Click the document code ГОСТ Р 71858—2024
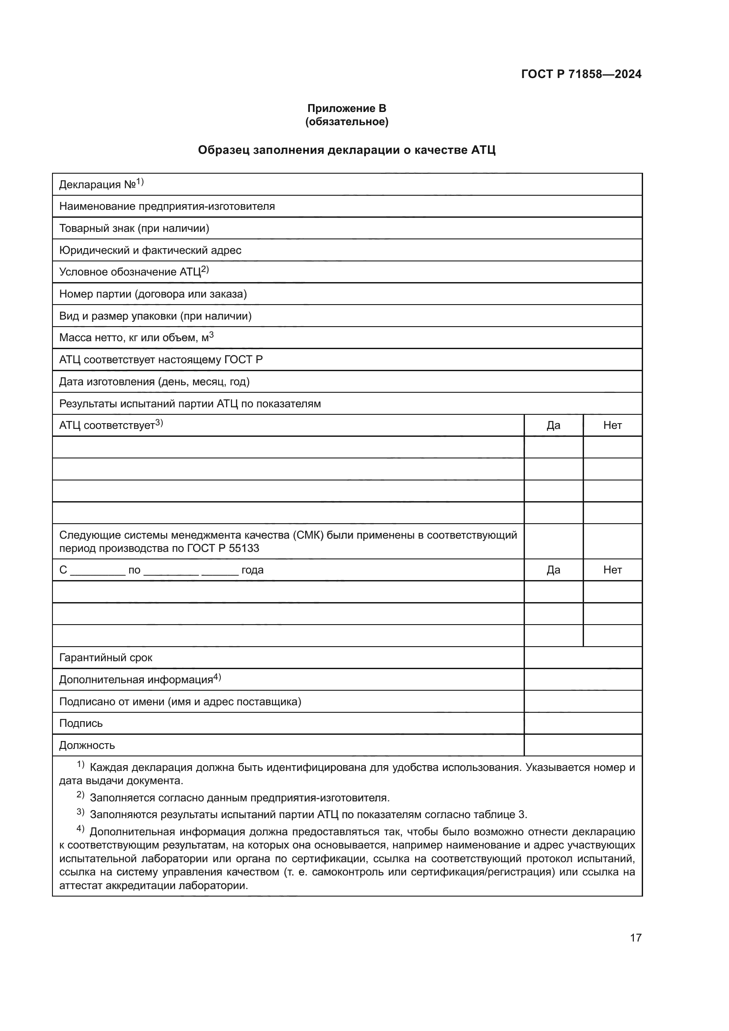[x=581, y=74]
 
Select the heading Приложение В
[x=346, y=108]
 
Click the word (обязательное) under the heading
[x=346, y=122]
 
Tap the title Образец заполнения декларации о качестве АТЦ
[x=346, y=150]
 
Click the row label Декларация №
[x=97, y=185]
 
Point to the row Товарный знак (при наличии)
[x=134, y=229]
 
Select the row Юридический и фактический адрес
[x=150, y=250]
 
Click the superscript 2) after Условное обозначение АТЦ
[x=205, y=269]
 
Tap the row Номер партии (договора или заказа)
[x=152, y=294]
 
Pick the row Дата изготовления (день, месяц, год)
[x=154, y=382]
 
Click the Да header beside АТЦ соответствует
[x=553, y=426]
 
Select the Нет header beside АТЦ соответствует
[x=612, y=426]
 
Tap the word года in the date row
[x=252, y=570]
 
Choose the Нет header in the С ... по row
[x=612, y=570]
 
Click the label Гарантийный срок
[x=105, y=658]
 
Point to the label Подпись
[x=81, y=723]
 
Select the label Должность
[x=87, y=745]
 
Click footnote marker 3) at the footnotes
[x=80, y=812]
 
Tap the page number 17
[x=636, y=938]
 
